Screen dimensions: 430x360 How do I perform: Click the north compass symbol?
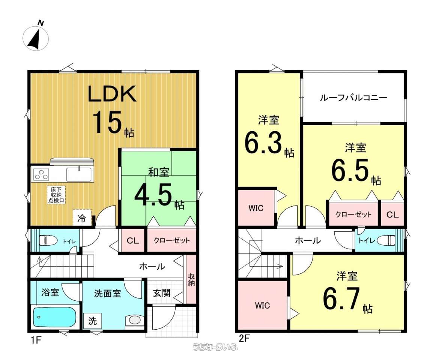(x=36, y=37)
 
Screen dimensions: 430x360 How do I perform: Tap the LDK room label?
(x=112, y=94)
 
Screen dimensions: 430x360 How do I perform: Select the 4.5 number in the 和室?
(x=153, y=195)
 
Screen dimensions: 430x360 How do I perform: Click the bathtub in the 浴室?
(x=54, y=317)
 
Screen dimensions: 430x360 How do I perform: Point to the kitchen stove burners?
(x=41, y=174)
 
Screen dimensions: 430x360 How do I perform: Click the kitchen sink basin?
(x=79, y=174)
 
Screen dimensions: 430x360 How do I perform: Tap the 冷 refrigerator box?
(x=82, y=217)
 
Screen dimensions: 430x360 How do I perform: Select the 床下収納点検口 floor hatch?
(x=56, y=195)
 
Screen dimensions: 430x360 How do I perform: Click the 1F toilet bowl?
(x=48, y=241)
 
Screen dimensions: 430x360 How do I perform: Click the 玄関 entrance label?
(x=162, y=293)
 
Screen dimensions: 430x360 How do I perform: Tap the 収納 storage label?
(x=191, y=279)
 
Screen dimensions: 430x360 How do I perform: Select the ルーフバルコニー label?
(x=353, y=98)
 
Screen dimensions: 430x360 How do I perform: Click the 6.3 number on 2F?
(x=263, y=142)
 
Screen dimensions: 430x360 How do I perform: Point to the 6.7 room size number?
(x=342, y=299)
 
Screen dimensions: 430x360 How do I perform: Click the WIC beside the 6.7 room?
(x=262, y=306)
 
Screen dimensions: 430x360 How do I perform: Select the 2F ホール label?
(x=308, y=241)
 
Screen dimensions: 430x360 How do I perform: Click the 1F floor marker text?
(x=36, y=340)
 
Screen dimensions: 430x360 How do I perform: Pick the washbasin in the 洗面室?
(x=134, y=320)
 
